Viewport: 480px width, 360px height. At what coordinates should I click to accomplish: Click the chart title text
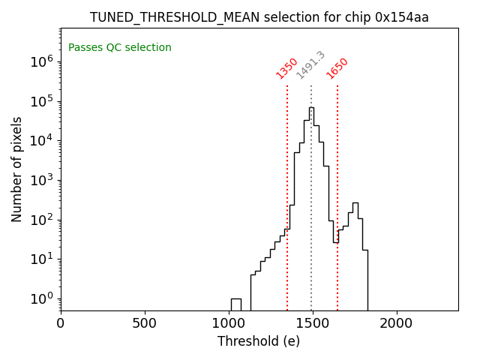coord(259,17)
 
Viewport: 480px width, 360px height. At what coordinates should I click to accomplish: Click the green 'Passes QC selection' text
coord(120,48)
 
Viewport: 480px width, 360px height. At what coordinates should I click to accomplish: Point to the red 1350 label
coord(287,68)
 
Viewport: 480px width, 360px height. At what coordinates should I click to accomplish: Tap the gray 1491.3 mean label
coord(310,65)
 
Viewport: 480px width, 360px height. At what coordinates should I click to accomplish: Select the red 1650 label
coord(337,68)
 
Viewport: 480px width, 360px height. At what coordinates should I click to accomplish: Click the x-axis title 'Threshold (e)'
coord(259,341)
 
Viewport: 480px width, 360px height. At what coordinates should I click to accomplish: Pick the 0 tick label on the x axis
coord(61,323)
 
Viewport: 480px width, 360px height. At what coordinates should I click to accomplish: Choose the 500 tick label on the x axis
coord(145,323)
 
